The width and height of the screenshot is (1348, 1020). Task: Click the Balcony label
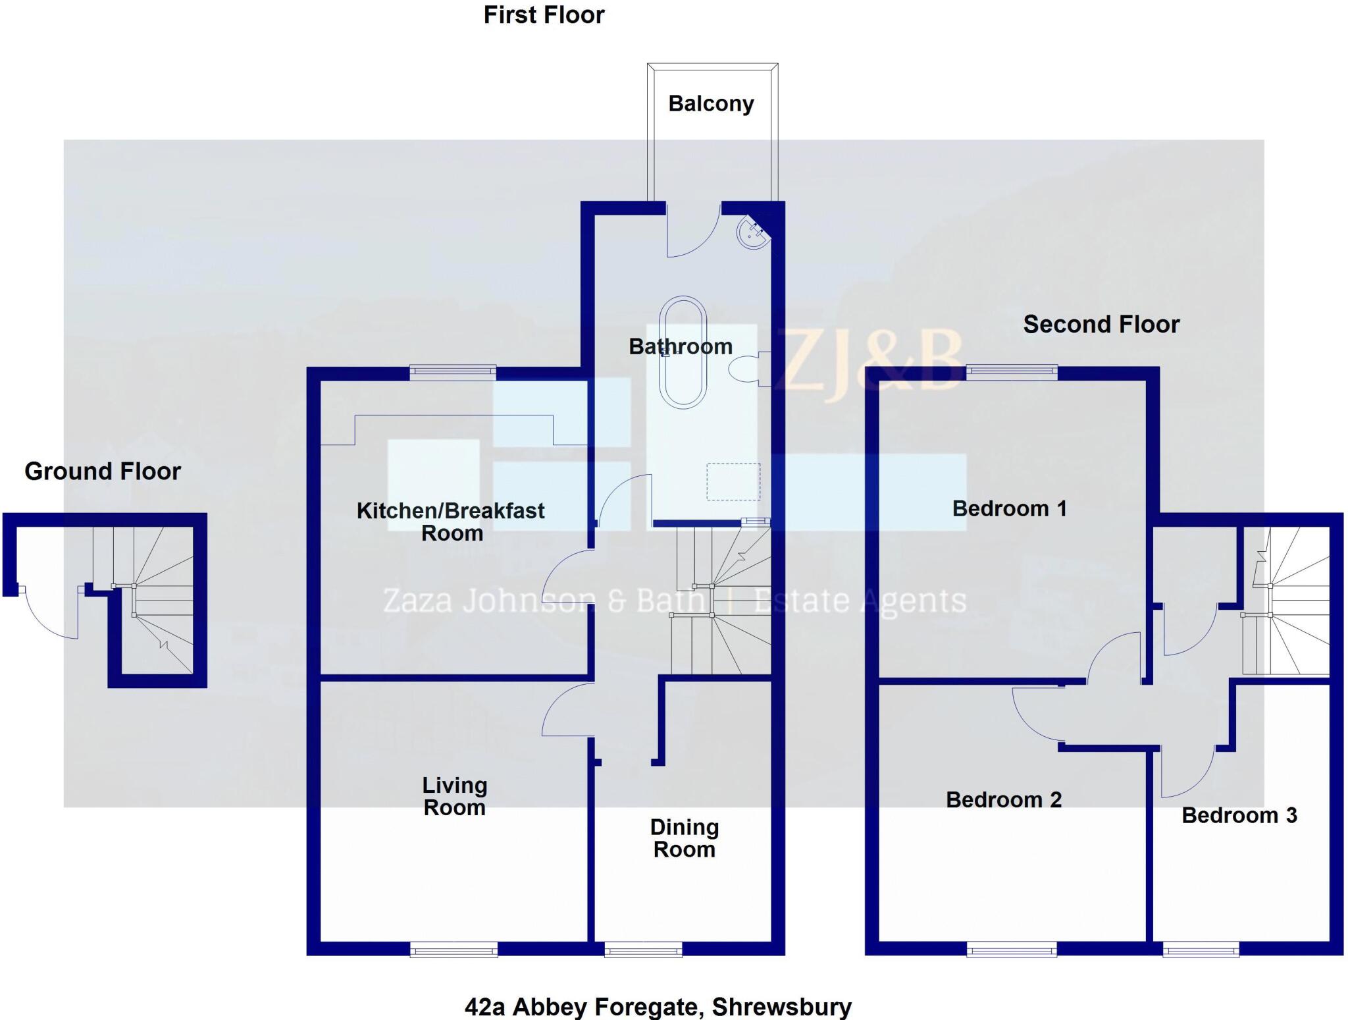711,104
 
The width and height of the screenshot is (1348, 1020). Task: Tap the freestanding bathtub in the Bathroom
683,352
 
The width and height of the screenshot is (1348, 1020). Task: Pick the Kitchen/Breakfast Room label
451,522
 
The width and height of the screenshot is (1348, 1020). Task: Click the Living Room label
454,796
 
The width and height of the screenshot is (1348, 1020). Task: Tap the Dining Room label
685,838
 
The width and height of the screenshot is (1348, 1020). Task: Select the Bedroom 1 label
1009,508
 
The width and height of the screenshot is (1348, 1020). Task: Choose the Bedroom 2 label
1004,799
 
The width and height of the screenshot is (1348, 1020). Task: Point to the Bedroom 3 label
1239,815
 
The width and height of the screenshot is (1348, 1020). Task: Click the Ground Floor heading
103,471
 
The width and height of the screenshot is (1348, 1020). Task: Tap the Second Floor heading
1101,325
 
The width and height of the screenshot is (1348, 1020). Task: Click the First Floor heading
544,15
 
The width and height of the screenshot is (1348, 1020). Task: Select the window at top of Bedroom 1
1012,373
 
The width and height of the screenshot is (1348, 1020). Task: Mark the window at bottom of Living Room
454,949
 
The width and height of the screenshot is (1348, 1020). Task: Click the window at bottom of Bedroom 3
1201,949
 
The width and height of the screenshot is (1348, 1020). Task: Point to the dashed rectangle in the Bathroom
733,481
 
